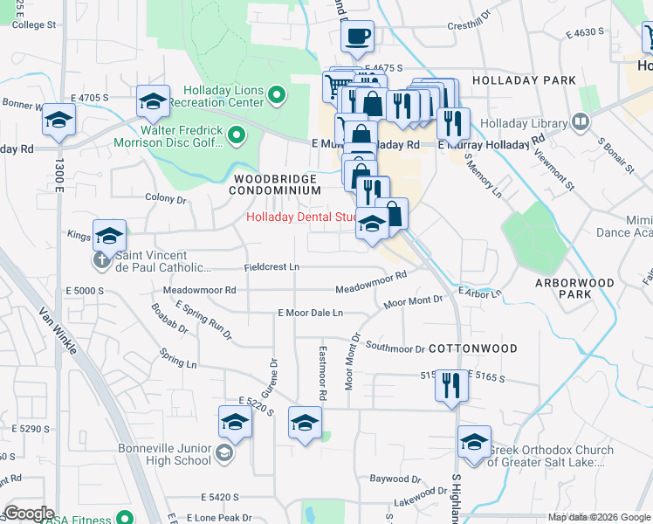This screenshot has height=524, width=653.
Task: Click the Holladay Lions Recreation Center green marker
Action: click(x=277, y=95)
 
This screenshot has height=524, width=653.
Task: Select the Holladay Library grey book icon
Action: click(x=580, y=121)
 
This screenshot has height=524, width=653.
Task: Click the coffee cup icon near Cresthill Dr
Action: click(x=357, y=37)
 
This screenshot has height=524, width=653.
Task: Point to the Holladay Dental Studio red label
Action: click(x=301, y=217)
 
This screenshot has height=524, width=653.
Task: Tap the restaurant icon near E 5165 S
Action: click(x=450, y=384)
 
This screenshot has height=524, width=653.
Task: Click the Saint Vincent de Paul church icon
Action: click(x=102, y=259)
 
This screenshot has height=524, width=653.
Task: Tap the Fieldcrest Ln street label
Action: click(x=272, y=266)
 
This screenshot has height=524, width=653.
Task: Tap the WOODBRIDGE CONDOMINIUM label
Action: click(x=275, y=183)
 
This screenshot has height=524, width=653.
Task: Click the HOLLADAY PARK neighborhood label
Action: click(x=524, y=80)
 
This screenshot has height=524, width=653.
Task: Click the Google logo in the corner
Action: click(x=29, y=513)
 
